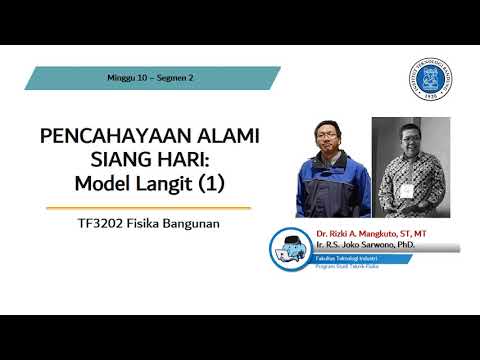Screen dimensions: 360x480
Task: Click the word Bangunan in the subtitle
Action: point(189,224)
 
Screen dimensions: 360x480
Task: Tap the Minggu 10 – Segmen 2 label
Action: point(150,77)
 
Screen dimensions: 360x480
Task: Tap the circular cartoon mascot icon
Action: point(293,250)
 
